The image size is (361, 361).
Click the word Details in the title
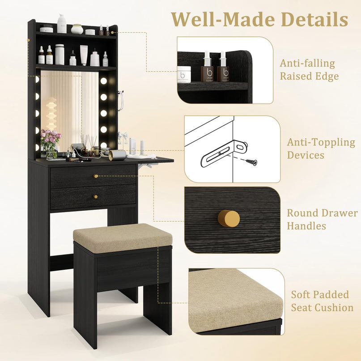(x=314, y=19)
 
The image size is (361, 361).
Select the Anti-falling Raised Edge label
(x=309, y=70)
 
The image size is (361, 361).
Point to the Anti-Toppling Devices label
(x=321, y=149)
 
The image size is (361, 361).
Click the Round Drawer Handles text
(x=322, y=219)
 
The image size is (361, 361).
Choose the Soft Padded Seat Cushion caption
(x=322, y=301)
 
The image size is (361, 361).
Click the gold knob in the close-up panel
(x=229, y=218)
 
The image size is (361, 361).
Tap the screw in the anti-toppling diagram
(x=251, y=162)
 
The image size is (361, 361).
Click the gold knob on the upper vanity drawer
(x=96, y=176)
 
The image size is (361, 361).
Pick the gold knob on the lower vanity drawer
(x=96, y=197)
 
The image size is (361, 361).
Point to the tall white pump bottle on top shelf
(x=62, y=23)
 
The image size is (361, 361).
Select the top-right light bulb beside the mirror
(x=104, y=81)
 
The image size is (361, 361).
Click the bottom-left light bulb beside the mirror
(x=37, y=147)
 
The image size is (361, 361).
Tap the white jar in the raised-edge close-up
(x=184, y=74)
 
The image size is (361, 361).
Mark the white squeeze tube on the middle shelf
(x=84, y=55)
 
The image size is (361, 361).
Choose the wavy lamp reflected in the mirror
(x=51, y=115)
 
